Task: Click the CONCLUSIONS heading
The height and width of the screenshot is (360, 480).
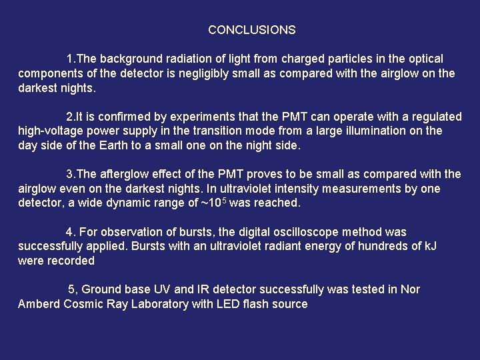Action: coord(251,30)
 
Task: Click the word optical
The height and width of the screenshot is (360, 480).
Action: coord(424,59)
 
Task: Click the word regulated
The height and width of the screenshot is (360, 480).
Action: coord(435,117)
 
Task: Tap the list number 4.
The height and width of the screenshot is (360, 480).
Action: coord(69,232)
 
